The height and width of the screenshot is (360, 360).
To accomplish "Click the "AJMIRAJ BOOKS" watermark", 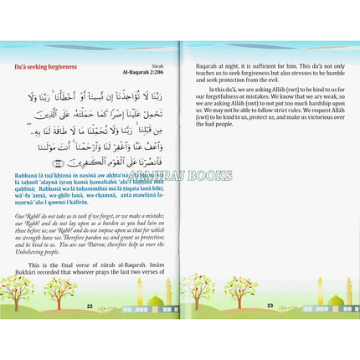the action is pos(180,175).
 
